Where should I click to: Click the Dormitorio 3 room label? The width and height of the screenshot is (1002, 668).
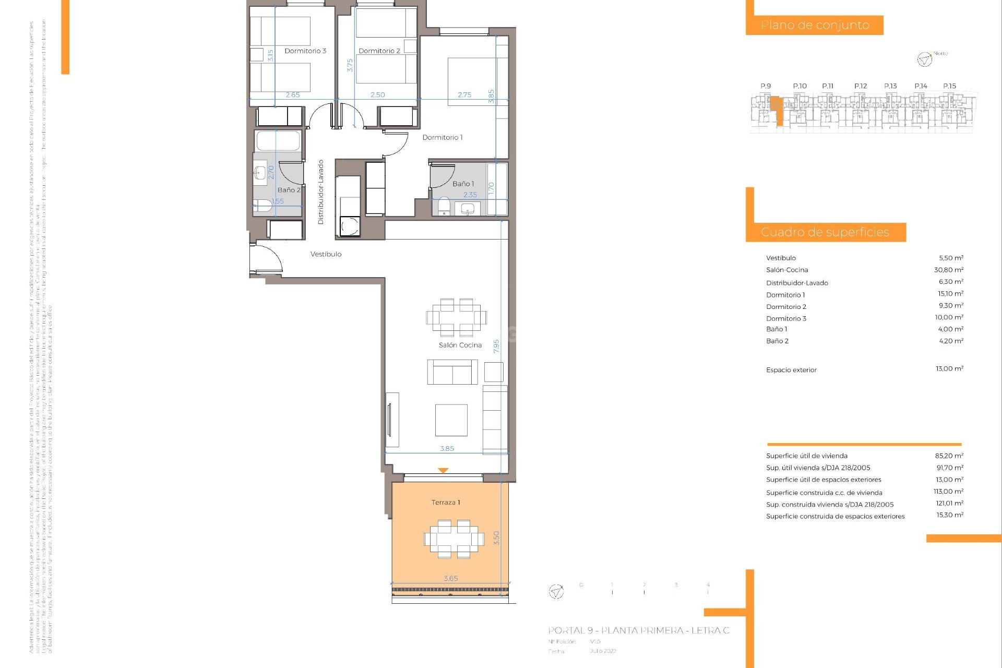[305, 51]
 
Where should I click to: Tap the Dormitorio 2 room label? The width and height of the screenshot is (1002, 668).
[379, 51]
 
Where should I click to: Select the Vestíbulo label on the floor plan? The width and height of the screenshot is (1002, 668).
[326, 254]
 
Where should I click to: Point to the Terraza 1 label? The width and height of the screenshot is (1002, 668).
[446, 503]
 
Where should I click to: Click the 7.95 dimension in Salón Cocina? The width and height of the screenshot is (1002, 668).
[496, 346]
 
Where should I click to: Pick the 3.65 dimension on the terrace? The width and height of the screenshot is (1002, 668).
[451, 578]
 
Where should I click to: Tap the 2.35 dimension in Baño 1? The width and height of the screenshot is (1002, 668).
[470, 195]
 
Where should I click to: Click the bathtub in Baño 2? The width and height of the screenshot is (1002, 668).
[278, 141]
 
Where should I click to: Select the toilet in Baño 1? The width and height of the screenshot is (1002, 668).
[444, 206]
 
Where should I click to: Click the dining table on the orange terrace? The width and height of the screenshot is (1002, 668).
[454, 538]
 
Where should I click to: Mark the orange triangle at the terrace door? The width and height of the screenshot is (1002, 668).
[443, 471]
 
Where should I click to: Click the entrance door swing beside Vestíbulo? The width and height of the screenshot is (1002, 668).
[266, 258]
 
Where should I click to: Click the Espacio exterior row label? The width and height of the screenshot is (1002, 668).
[791, 370]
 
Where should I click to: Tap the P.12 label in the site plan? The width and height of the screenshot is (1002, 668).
[861, 86]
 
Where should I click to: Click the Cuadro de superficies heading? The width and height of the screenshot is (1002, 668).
[825, 232]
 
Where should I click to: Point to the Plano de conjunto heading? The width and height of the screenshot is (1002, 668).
[815, 25]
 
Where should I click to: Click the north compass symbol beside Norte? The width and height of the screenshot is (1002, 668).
[924, 59]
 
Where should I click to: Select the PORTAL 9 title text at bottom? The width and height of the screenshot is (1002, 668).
[638, 631]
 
